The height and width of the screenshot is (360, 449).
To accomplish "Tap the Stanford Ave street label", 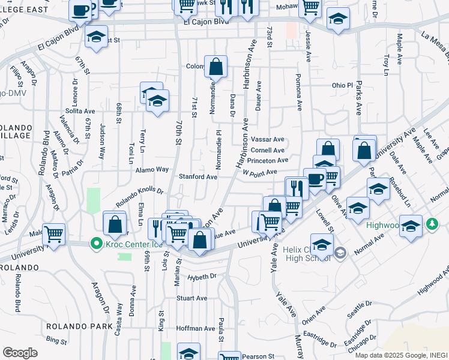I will tap(198, 177).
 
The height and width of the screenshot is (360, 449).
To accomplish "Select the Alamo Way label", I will tap(152, 170).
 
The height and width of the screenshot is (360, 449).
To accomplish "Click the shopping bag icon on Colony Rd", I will tap(215, 67).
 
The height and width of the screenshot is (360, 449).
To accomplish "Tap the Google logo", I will tap(20, 352).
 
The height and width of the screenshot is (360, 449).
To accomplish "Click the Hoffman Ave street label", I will tap(195, 329).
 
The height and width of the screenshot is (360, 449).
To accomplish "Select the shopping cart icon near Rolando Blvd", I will tap(54, 233).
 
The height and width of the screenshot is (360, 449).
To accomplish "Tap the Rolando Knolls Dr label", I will tap(139, 193).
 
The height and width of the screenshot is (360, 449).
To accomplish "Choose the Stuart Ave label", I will tap(191, 298).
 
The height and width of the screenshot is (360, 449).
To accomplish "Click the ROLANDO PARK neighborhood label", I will tap(79, 326).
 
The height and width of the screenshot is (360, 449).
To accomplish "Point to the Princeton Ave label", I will tap(267, 161).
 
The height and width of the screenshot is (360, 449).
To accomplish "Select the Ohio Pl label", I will tap(342, 85).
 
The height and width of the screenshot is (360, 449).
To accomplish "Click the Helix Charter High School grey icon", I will tap(340, 253).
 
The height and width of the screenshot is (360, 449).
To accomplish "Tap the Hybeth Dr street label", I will tap(201, 277).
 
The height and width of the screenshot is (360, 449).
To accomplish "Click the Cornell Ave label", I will tap(268, 151).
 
